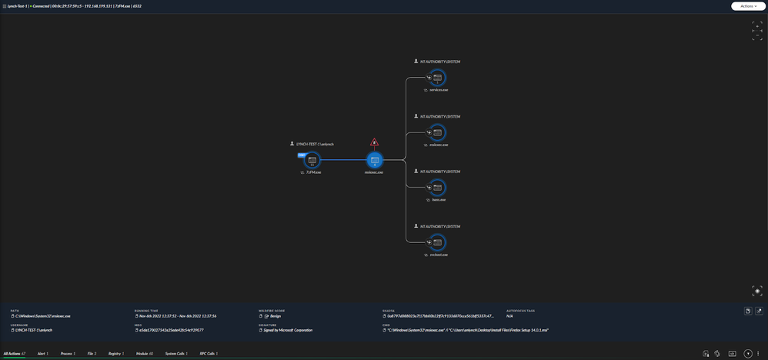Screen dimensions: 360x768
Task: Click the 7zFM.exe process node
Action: coord(312,161)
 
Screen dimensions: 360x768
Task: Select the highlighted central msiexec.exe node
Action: coord(374,161)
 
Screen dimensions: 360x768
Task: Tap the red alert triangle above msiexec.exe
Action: coord(375,142)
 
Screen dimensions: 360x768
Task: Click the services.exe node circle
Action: coord(437,78)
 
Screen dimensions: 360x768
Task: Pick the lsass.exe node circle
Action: coord(437,188)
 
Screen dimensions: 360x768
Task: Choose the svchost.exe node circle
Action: coord(437,242)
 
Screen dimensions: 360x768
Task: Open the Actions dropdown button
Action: coord(748,6)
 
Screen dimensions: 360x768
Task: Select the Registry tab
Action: coord(116,354)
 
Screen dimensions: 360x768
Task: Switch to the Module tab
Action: coord(144,354)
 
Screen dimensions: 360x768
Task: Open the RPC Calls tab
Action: coord(209,354)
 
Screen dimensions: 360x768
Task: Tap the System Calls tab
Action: coord(175,354)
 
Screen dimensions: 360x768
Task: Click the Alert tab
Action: coord(42,354)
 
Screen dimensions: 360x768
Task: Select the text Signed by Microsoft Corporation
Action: coord(288,330)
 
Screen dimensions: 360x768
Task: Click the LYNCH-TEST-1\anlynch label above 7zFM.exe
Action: coord(316,144)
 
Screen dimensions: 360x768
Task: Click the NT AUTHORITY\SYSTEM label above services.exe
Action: coord(441,62)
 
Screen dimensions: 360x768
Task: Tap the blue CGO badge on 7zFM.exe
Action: coord(302,155)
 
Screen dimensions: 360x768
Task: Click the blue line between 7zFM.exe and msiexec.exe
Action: coord(343,161)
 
